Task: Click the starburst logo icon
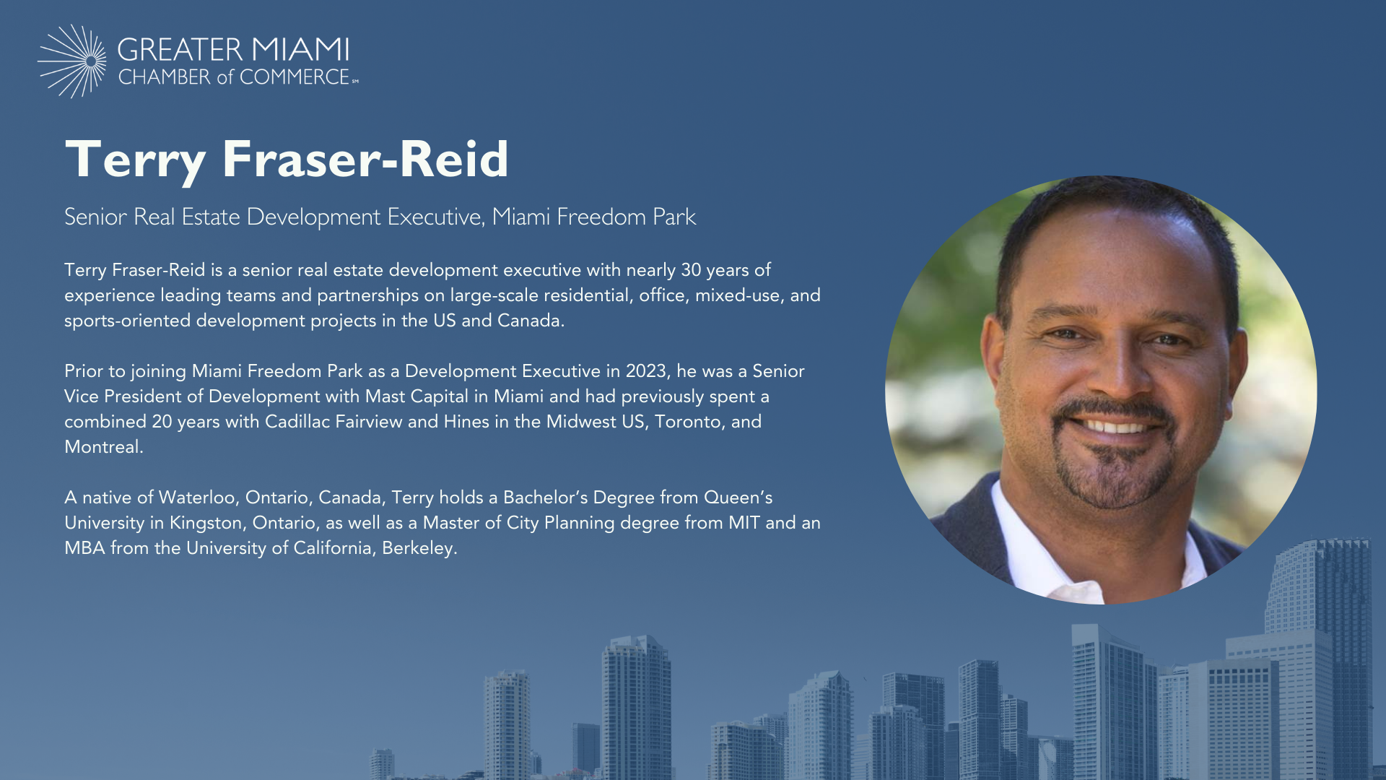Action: (x=72, y=61)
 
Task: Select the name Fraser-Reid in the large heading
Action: (x=365, y=159)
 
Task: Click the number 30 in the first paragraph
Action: (x=691, y=270)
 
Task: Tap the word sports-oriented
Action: (x=127, y=321)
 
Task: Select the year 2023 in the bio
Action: (x=646, y=371)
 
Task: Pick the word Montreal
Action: (x=102, y=447)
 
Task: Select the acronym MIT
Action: (x=744, y=523)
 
